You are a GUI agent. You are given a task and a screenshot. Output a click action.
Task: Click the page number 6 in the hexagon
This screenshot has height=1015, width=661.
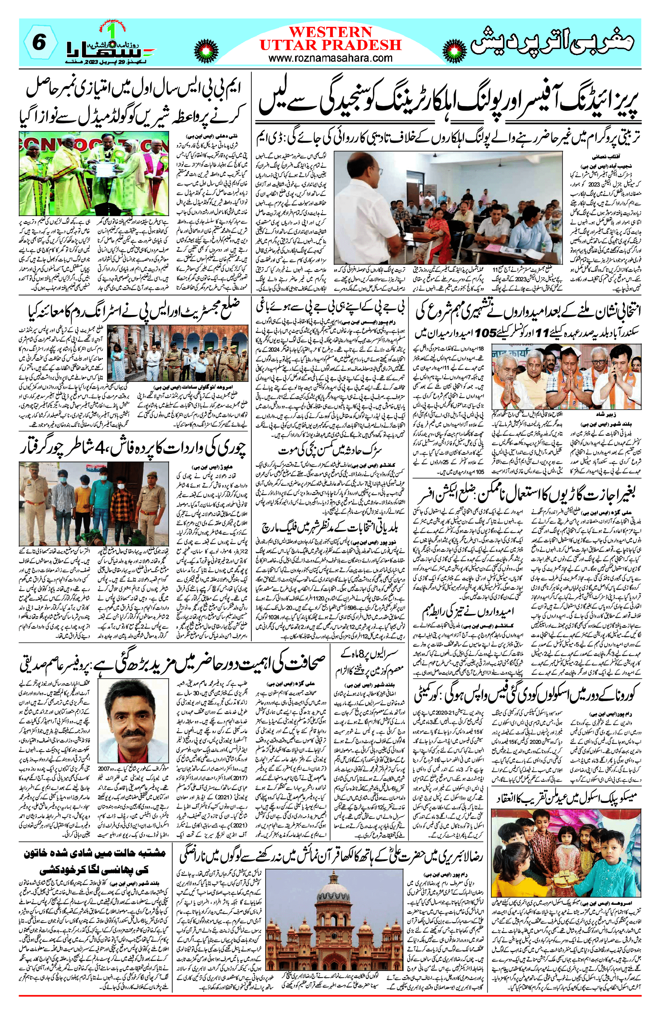coord(39,43)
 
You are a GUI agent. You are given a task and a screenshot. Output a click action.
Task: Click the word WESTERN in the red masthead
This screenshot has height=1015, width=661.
coord(331,32)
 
